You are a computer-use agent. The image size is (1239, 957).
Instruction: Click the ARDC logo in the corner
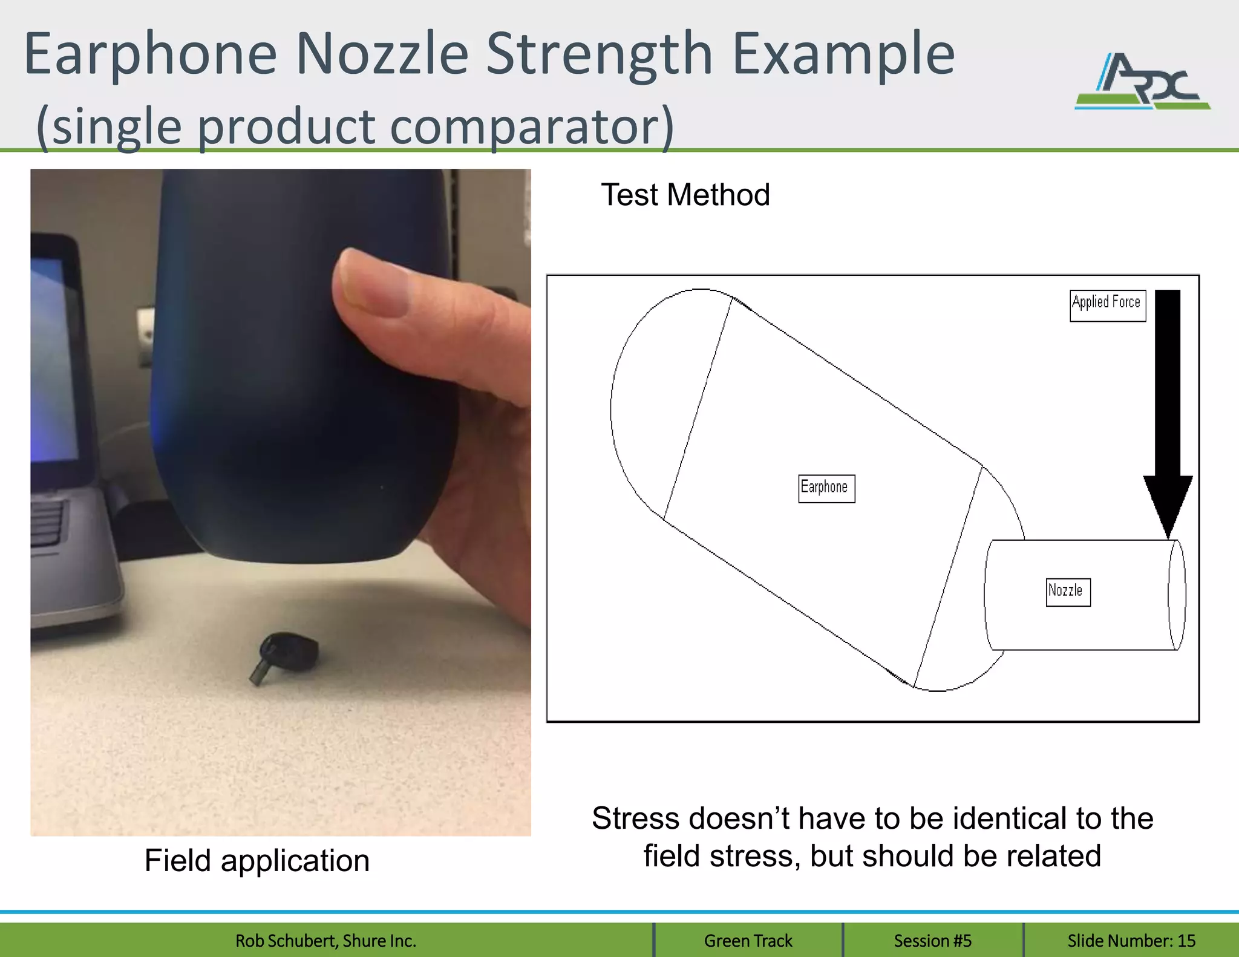tap(1142, 82)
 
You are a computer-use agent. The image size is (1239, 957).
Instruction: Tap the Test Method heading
tap(685, 195)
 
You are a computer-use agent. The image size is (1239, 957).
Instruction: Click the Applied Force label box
tap(1107, 305)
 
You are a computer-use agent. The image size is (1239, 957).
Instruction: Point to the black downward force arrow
tap(1168, 411)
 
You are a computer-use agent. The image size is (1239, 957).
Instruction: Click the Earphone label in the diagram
tap(826, 488)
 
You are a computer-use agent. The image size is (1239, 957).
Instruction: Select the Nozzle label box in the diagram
tap(1068, 592)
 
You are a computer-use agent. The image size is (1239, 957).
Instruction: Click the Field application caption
tap(257, 860)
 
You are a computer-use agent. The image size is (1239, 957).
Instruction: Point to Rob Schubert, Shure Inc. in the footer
tap(325, 941)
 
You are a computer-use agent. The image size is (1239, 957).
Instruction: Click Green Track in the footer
tap(748, 941)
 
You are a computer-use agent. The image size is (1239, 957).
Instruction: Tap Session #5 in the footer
tap(932, 941)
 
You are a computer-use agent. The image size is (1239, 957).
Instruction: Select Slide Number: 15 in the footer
tap(1131, 941)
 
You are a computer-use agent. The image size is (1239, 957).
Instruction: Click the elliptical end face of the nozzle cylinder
tap(1177, 595)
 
